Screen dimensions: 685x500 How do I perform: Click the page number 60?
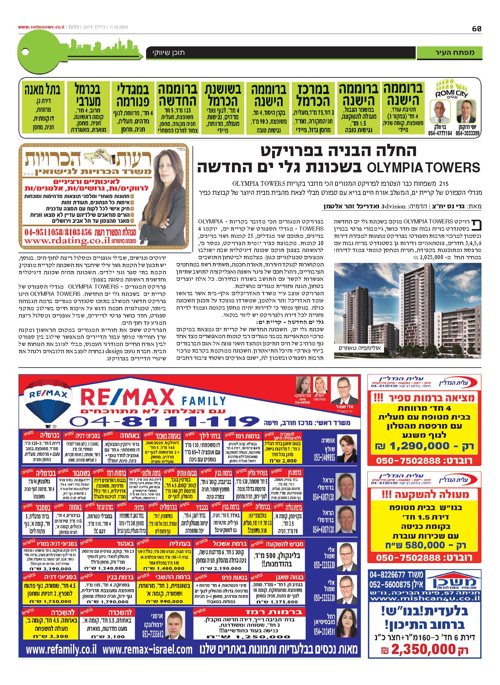click(x=476, y=29)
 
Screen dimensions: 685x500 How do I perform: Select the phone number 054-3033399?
click(x=467, y=133)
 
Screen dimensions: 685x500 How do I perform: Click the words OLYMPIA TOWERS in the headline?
click(x=423, y=167)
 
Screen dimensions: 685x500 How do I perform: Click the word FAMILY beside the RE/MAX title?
click(x=203, y=401)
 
